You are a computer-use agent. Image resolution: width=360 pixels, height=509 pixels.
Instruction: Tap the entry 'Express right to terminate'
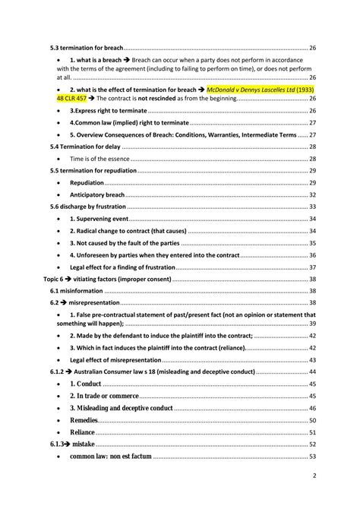point(104,111)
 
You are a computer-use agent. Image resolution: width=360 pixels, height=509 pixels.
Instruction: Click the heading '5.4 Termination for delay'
point(80,147)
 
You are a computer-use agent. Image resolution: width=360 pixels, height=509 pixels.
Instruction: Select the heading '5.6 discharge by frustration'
point(85,207)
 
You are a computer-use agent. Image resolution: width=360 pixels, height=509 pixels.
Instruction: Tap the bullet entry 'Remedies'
point(84,420)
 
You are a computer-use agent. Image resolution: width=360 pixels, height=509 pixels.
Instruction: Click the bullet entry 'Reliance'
point(82,432)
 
